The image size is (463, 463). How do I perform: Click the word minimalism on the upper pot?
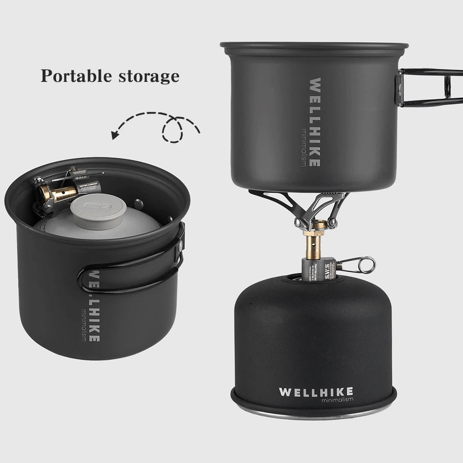(x=303, y=147)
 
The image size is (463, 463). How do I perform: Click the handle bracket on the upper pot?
(x=399, y=88)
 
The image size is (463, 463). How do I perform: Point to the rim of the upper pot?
(x=314, y=46)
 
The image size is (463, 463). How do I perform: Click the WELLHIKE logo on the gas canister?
(x=316, y=392)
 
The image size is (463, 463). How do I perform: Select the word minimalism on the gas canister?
(x=337, y=400)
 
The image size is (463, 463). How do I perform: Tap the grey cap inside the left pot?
(x=98, y=210)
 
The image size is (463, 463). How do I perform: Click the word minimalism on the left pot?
(x=83, y=324)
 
